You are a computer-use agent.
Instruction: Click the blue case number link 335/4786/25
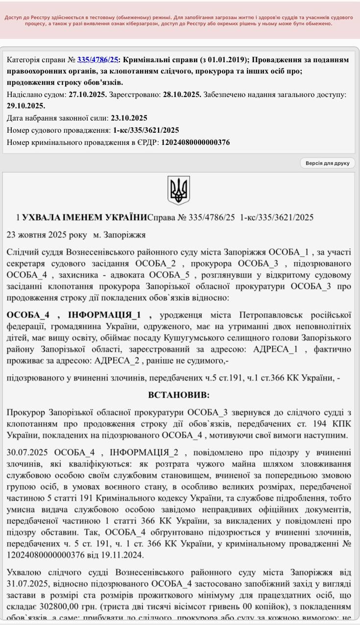click(98, 60)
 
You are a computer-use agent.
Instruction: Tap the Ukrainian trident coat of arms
click(178, 190)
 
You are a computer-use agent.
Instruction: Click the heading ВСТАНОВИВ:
click(178, 395)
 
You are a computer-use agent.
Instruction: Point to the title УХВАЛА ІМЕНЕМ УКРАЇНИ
click(85, 217)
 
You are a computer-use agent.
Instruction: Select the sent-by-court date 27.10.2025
click(87, 95)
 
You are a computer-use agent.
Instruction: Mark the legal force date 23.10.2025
click(129, 118)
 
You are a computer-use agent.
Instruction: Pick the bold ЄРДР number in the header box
click(195, 143)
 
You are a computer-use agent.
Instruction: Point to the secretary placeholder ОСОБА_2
click(155, 264)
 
